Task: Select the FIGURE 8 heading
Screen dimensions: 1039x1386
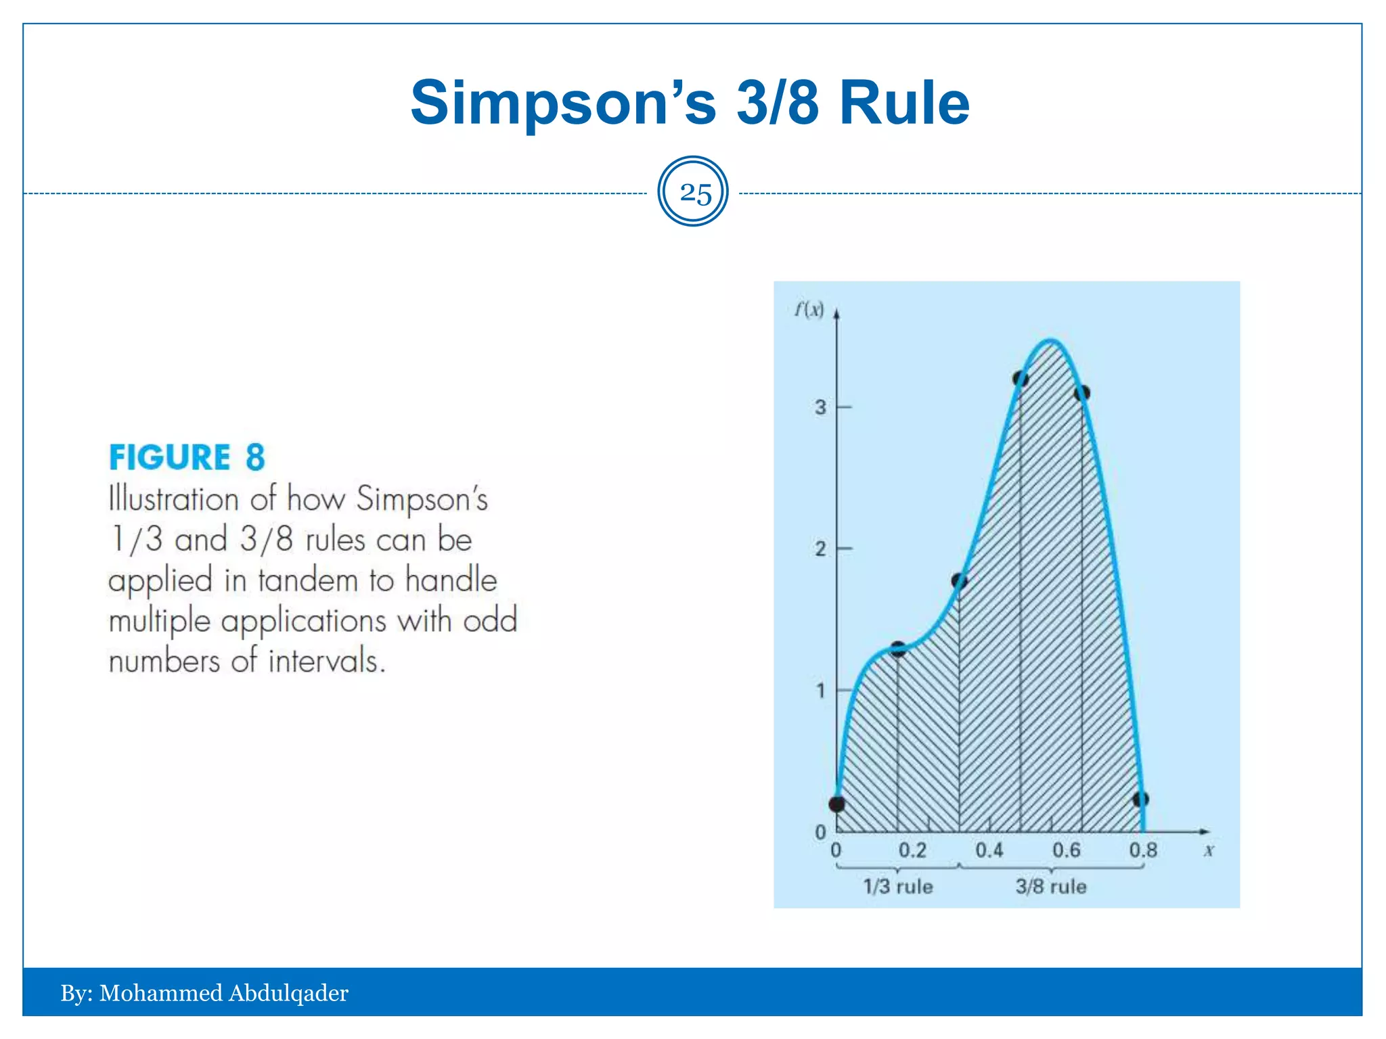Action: click(187, 457)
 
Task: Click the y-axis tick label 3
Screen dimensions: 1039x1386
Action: click(820, 407)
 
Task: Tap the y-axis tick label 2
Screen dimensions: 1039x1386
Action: click(820, 549)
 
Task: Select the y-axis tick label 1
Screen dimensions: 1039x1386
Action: click(820, 691)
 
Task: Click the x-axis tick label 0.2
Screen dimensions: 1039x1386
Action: click(912, 850)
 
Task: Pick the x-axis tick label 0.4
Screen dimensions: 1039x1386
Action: click(989, 850)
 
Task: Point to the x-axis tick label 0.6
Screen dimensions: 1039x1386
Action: click(1067, 850)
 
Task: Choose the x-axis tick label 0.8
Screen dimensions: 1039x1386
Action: click(1143, 850)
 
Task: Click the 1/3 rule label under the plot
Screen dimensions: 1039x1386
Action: click(898, 887)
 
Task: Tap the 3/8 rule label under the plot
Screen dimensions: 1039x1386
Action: click(1051, 887)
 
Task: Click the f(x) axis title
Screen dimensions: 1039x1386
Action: click(809, 310)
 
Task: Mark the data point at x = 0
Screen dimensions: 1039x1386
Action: click(837, 804)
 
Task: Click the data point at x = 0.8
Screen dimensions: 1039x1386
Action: click(1141, 800)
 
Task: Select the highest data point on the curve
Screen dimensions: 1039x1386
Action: click(1021, 379)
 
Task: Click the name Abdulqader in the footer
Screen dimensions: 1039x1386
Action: click(288, 993)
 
